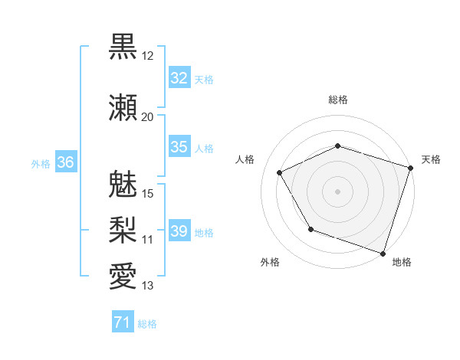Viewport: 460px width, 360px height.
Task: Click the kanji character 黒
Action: coord(123,47)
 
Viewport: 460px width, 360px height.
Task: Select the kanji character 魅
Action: coord(123,184)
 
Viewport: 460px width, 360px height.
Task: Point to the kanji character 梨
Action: coord(123,229)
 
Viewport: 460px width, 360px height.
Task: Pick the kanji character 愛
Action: coord(123,276)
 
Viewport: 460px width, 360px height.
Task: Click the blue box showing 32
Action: coord(179,78)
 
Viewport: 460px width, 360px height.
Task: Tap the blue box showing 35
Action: coord(179,147)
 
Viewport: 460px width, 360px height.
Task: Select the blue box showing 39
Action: coord(179,231)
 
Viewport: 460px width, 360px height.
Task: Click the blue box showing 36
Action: coord(66,162)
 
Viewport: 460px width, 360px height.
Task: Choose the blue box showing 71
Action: coord(122,323)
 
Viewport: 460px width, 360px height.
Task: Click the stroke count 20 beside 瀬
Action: coord(147,116)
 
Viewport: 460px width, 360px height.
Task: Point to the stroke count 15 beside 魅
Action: coord(148,193)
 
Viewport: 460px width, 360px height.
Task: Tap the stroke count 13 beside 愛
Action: coord(147,286)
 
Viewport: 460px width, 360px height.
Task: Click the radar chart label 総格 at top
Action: coord(338,100)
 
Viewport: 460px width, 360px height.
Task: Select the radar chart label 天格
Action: coord(431,159)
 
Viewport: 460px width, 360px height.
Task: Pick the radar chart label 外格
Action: coord(270,262)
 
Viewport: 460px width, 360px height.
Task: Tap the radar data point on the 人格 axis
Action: coord(280,172)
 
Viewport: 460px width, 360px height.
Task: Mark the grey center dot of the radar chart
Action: coord(338,191)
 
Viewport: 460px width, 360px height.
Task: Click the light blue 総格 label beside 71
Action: coord(147,324)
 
